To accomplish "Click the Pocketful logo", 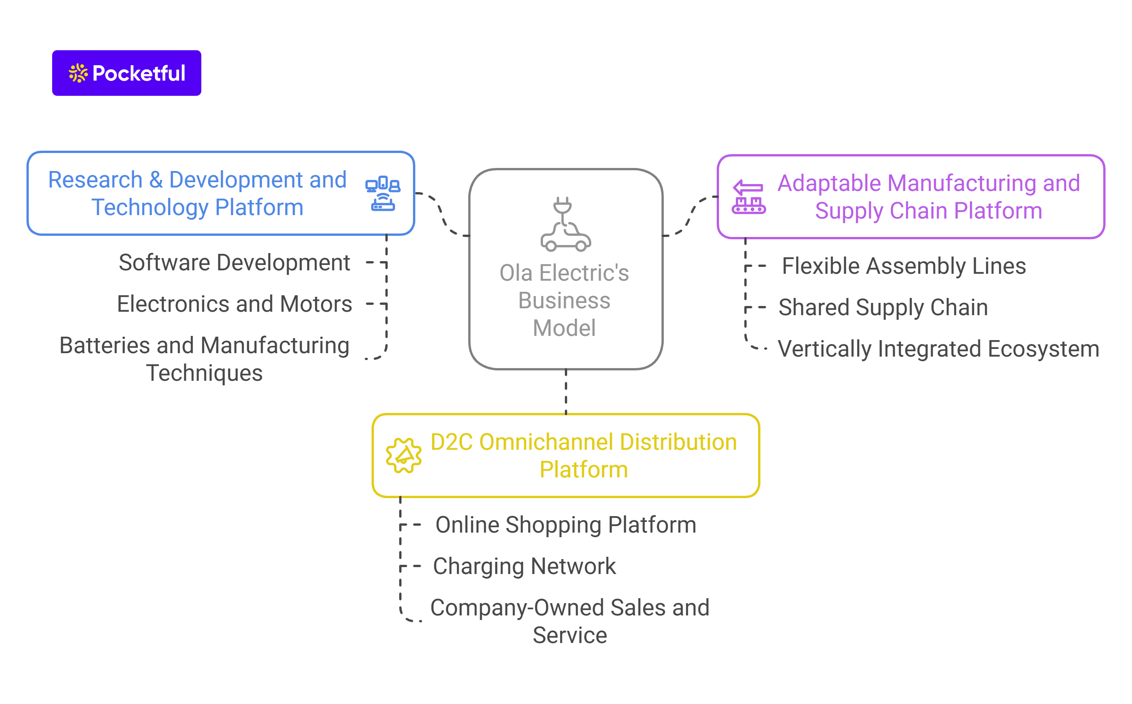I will click(126, 73).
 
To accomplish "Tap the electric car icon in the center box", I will click(565, 224).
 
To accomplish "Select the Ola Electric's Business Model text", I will click(564, 300).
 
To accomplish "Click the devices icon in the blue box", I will click(383, 193).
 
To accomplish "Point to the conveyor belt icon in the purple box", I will click(748, 197).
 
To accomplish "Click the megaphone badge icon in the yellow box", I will click(404, 456).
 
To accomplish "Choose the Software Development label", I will click(234, 263).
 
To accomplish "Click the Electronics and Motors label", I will click(234, 304).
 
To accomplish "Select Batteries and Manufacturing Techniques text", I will click(204, 359).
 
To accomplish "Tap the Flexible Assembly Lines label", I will click(904, 266).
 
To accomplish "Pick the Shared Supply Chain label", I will click(883, 307).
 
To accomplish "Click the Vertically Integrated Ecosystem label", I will click(938, 349).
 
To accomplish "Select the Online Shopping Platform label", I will click(566, 525).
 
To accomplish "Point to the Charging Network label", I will click(524, 566).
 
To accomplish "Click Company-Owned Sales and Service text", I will click(569, 621).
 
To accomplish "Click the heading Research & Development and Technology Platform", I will click(197, 193).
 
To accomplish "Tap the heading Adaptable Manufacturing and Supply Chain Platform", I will click(928, 197).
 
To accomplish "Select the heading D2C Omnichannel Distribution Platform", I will click(584, 456).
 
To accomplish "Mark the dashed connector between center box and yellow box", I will click(566, 391).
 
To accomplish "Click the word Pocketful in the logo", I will click(139, 73).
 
